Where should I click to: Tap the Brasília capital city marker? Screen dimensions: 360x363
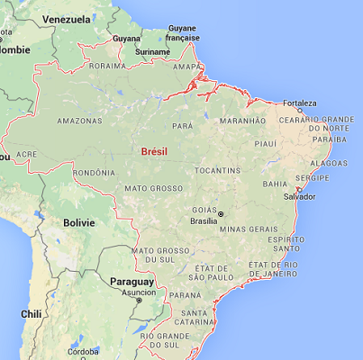pos(220,212)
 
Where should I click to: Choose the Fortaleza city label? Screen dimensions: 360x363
pos(300,103)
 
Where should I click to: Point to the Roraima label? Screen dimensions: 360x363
pos(106,66)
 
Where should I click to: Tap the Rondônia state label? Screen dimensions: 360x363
pos(94,173)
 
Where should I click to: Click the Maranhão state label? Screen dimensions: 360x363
pos(243,120)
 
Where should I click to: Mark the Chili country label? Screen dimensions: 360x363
pos(32,314)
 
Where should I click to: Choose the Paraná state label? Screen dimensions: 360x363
pos(186,294)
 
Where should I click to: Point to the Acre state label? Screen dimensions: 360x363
pos(27,154)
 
